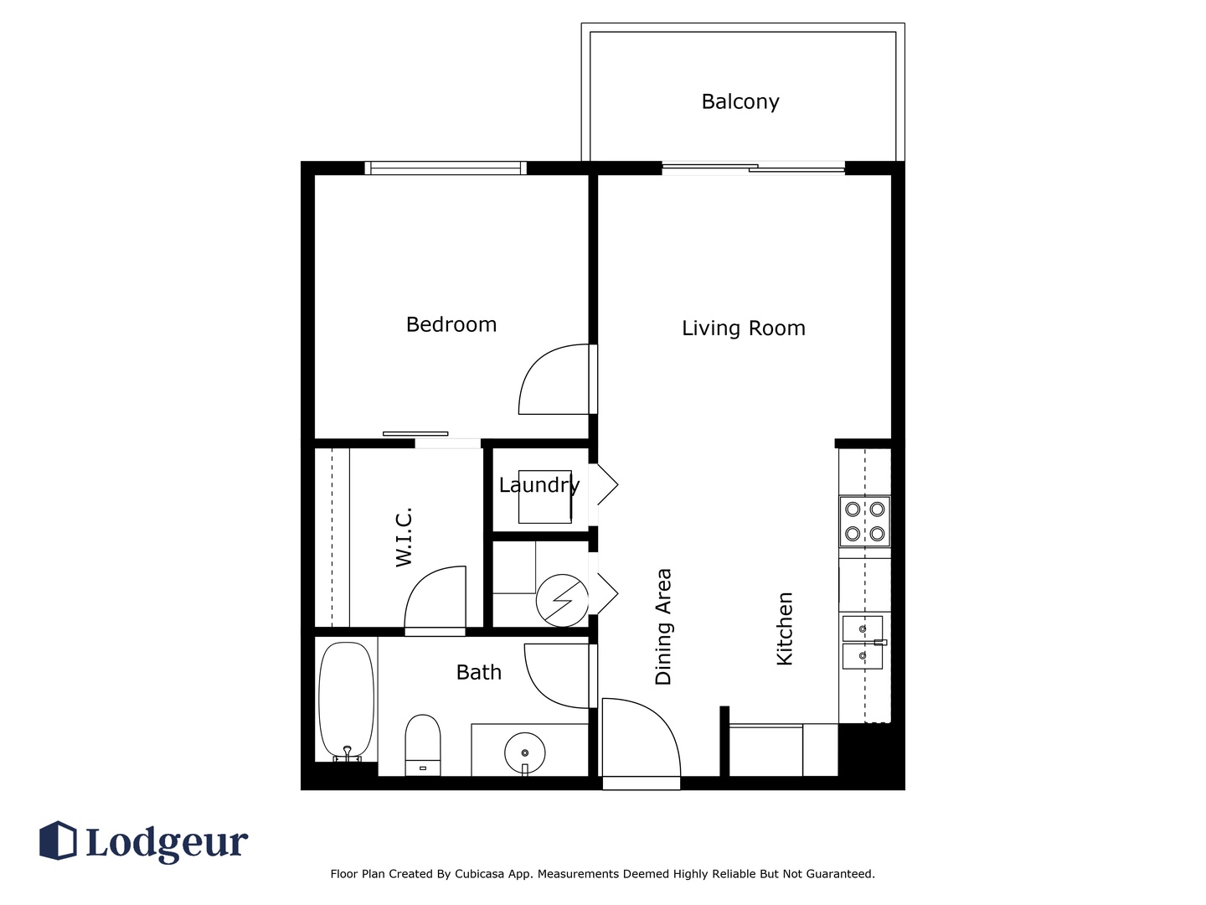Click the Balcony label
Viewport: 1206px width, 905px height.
740,101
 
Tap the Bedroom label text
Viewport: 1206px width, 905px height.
451,324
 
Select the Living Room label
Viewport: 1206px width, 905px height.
744,328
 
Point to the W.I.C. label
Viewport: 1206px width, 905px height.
404,537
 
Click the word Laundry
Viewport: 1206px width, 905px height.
539,485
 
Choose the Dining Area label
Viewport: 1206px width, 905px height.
663,627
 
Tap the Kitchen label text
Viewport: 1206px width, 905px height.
785,628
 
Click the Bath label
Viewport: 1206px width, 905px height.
478,672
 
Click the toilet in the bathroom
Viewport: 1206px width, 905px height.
422,745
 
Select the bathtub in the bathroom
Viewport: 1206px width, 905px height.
346,701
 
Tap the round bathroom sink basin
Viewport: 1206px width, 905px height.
525,752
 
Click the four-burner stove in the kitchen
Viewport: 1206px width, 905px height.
864,521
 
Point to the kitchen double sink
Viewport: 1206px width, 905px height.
863,642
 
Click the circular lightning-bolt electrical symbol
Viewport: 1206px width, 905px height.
562,601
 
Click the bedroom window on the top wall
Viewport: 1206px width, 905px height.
446,168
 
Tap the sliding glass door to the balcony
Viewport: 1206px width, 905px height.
753,168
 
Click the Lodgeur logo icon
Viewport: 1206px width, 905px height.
58,840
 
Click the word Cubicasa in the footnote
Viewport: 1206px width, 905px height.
479,874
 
